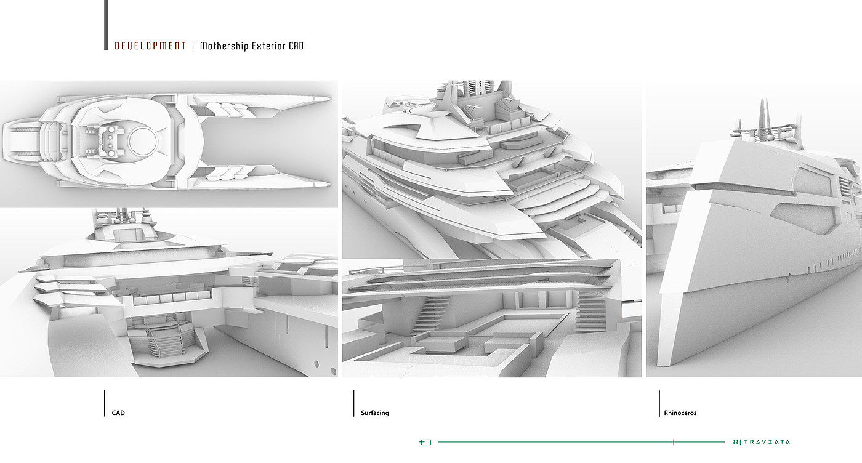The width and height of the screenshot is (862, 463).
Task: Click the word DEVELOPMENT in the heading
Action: click(150, 46)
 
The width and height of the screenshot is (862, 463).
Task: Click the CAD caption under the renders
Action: click(118, 413)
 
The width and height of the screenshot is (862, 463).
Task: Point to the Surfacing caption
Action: click(375, 413)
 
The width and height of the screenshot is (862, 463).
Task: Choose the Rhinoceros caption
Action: click(680, 413)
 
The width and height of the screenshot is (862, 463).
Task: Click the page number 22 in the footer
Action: click(735, 442)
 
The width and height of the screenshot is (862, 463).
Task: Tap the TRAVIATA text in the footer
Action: click(767, 442)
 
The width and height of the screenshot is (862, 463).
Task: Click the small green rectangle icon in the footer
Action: click(425, 442)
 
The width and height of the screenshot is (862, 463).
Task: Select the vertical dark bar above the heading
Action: click(107, 25)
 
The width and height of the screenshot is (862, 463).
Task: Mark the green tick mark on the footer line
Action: click(674, 442)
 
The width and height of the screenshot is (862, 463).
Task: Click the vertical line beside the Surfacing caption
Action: click(354, 403)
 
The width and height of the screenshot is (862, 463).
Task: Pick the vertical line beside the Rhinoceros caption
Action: click(659, 403)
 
